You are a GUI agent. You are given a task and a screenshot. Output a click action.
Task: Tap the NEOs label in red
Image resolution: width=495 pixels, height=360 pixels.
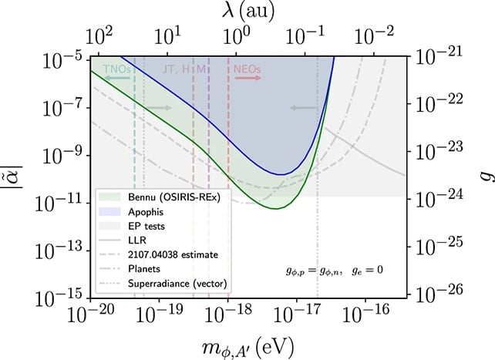[248, 69]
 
